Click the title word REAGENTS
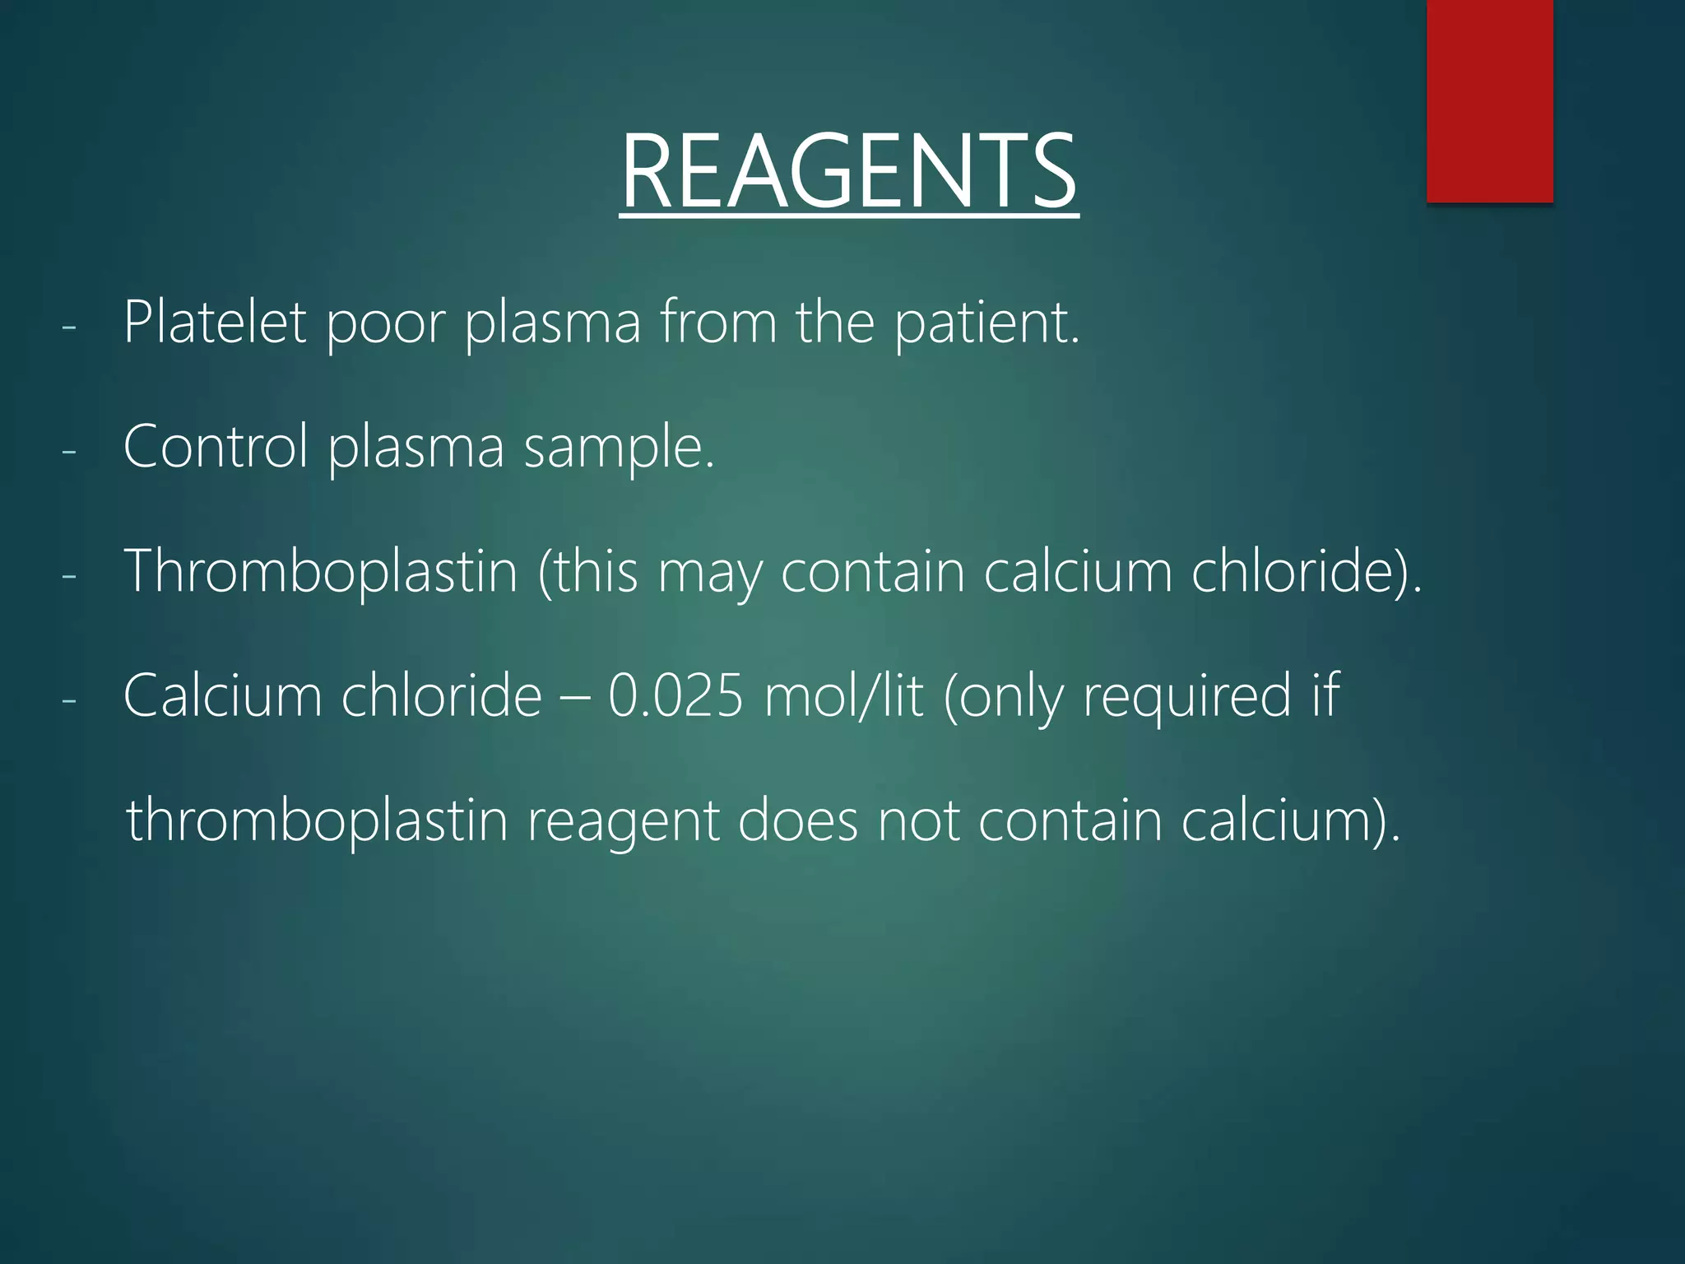coord(848,172)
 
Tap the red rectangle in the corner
coord(1489,100)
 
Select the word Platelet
coord(215,322)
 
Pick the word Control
coord(215,447)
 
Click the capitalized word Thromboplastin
coord(320,571)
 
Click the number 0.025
coord(675,696)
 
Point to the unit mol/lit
coord(843,696)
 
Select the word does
coord(797,820)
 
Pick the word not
coord(918,820)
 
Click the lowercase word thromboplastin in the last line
coord(317,820)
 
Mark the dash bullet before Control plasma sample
coord(69,452)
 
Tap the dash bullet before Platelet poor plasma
coord(69,327)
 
